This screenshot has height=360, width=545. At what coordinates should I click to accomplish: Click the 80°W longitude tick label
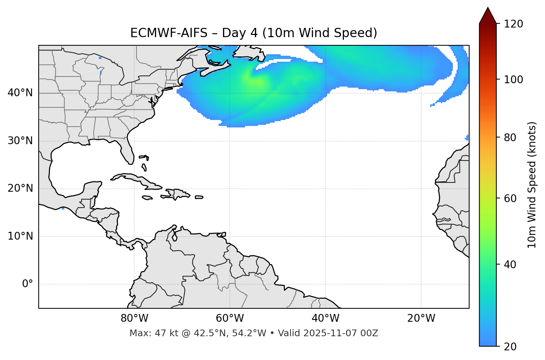134,318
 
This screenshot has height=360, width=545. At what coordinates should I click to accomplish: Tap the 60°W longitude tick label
230,318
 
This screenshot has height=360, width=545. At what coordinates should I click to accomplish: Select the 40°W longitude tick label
325,318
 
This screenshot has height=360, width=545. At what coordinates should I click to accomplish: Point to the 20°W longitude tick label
421,318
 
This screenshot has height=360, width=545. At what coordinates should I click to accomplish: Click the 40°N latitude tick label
20,93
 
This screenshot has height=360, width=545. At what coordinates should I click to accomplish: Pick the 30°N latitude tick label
20,141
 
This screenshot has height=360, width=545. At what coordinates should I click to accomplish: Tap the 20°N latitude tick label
20,188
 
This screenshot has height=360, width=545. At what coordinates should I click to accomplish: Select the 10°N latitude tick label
20,236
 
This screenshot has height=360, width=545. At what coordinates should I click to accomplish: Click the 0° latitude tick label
28,284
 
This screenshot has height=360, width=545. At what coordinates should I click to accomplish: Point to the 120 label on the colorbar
513,24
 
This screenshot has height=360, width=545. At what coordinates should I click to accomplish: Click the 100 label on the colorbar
513,80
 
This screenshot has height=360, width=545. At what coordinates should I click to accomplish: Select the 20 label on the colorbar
510,347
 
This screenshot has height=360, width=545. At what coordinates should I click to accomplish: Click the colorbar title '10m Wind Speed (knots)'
532,185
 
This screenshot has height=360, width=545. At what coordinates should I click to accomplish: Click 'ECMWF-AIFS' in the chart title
169,33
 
